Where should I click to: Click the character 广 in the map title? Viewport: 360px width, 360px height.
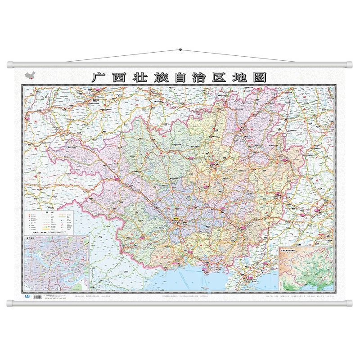tap(99, 77)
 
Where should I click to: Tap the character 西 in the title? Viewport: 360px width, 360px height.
tap(120, 77)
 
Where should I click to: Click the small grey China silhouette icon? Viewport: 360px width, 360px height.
tap(29, 74)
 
